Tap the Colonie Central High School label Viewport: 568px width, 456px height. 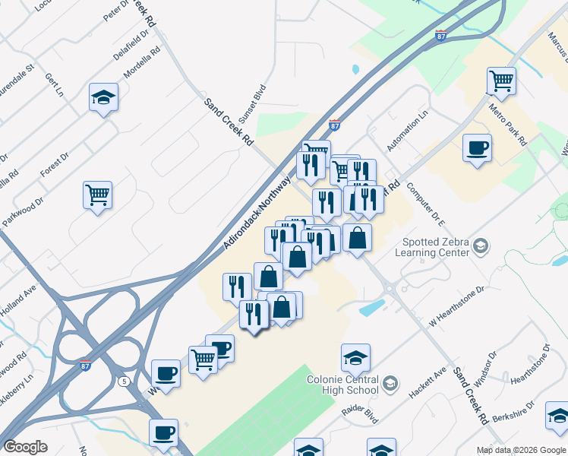[x=342, y=385]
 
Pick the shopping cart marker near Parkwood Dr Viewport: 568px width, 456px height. [x=98, y=195]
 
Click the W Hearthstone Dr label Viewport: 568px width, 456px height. [x=456, y=306]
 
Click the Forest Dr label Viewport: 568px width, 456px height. [x=55, y=163]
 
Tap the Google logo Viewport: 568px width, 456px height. [x=25, y=447]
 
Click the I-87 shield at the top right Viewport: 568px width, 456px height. [x=441, y=36]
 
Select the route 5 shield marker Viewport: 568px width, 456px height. [x=123, y=380]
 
